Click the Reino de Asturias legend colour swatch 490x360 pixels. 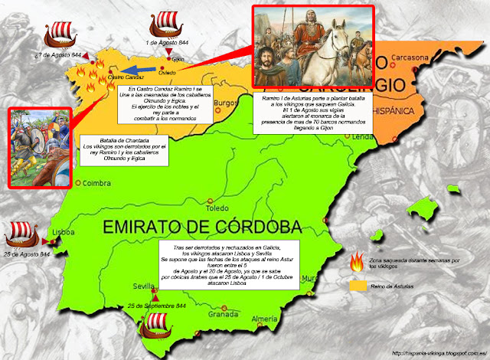pos(356,286)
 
